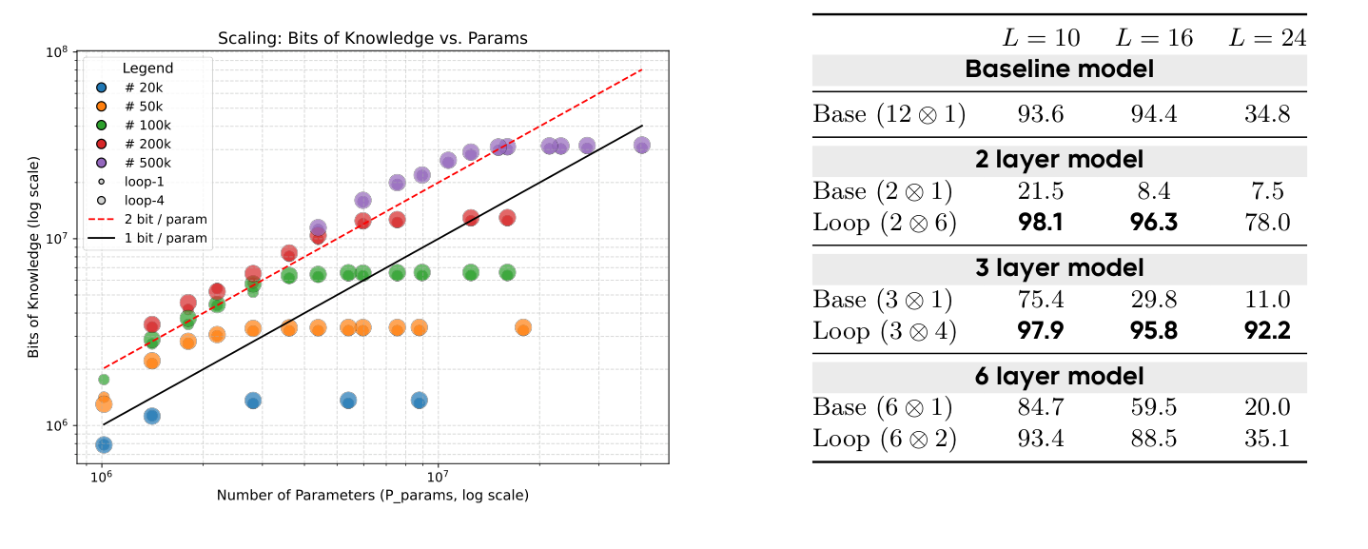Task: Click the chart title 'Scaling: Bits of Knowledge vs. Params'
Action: (x=371, y=38)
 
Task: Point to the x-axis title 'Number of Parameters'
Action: (x=372, y=495)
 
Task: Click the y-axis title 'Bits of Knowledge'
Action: (x=33, y=258)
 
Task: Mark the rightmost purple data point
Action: (x=642, y=145)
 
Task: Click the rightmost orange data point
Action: (x=522, y=327)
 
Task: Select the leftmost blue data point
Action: (x=104, y=444)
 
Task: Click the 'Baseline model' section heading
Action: (x=1059, y=69)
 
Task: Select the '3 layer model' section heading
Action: (x=1059, y=268)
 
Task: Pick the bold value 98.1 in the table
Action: (x=1041, y=223)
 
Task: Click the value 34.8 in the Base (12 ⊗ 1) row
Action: (x=1266, y=115)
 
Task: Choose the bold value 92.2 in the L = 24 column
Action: (x=1266, y=331)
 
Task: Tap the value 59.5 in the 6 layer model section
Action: (x=1153, y=407)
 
